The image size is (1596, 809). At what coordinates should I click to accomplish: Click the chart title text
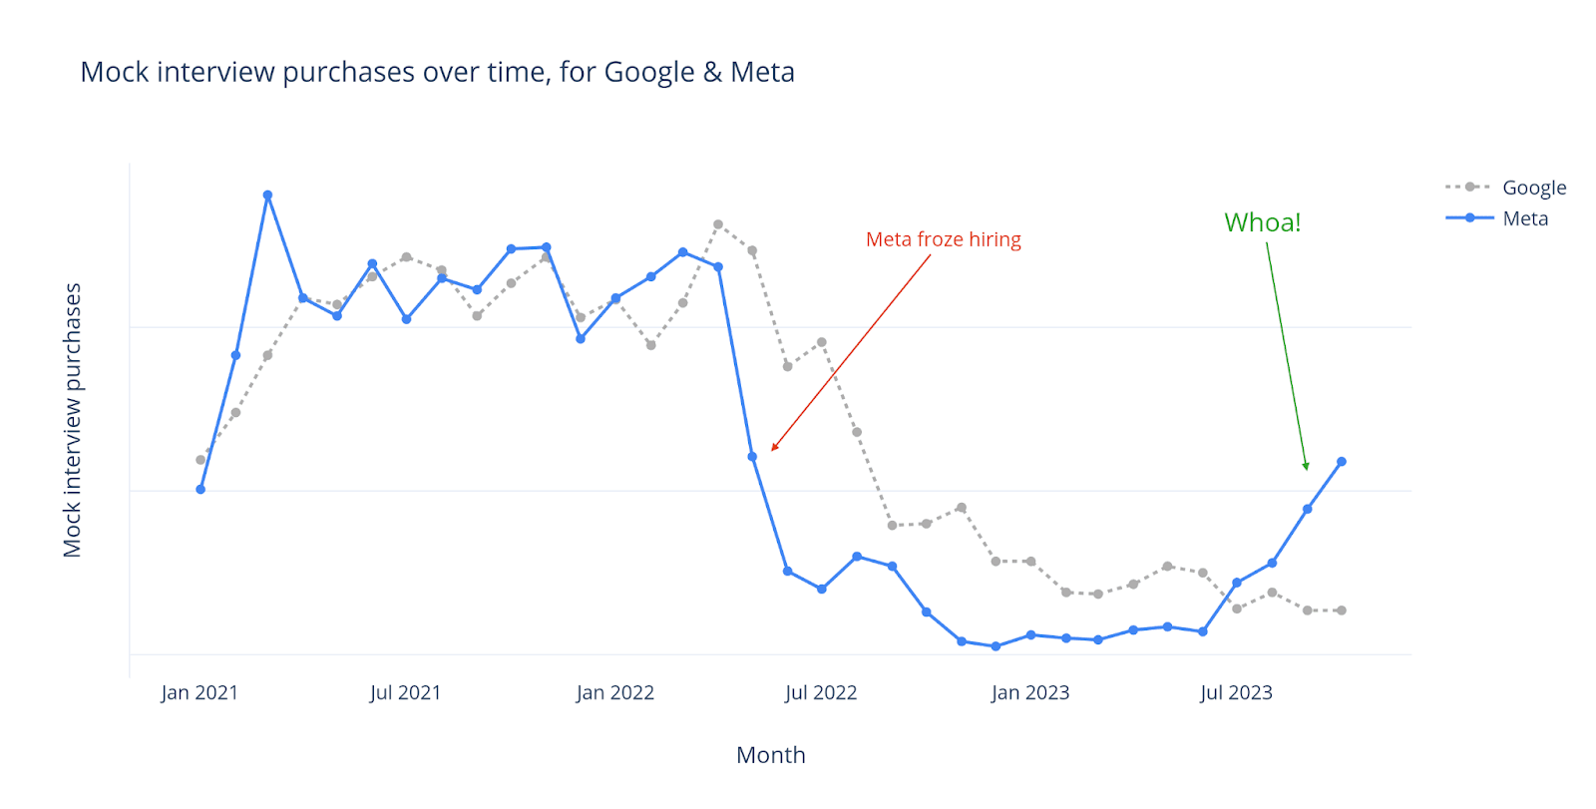[437, 72]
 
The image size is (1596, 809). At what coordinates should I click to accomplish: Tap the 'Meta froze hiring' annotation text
[943, 239]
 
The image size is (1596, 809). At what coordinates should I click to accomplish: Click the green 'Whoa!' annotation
[1262, 222]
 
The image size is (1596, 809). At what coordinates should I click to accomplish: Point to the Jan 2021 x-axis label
[199, 692]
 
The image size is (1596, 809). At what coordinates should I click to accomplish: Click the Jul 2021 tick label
[405, 692]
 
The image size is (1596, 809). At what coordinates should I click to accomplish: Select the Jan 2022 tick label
[614, 692]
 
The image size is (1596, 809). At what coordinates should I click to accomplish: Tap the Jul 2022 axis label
[820, 692]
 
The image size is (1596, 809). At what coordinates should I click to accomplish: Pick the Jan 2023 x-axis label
[1029, 692]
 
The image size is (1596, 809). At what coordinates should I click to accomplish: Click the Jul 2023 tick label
[1236, 692]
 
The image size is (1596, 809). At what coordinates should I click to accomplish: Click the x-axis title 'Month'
[770, 755]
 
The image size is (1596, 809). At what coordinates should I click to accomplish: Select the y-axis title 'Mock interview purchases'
[72, 420]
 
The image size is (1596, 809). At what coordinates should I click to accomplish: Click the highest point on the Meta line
[267, 196]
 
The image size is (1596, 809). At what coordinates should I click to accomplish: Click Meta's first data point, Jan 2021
[200, 490]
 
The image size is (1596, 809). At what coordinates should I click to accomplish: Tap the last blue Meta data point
[1342, 462]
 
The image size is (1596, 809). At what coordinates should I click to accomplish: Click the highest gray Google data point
[718, 224]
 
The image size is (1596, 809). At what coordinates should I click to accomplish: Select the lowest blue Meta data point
[996, 646]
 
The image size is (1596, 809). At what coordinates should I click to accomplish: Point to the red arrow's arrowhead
[774, 449]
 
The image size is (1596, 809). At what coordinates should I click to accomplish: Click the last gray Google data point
[1342, 610]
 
